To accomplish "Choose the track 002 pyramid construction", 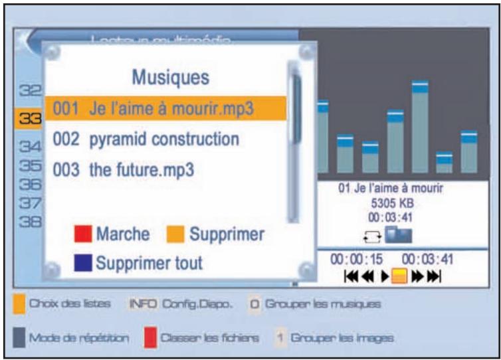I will pos(146,139).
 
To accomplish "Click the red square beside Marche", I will pos(83,234).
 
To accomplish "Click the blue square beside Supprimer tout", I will pos(83,264).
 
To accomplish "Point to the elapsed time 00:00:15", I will pos(352,258).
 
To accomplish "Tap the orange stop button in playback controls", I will pos(398,275).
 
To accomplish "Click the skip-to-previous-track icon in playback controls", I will pos(350,275).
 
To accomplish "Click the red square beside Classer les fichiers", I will pos(150,337).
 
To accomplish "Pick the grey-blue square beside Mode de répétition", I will pos(19,337).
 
